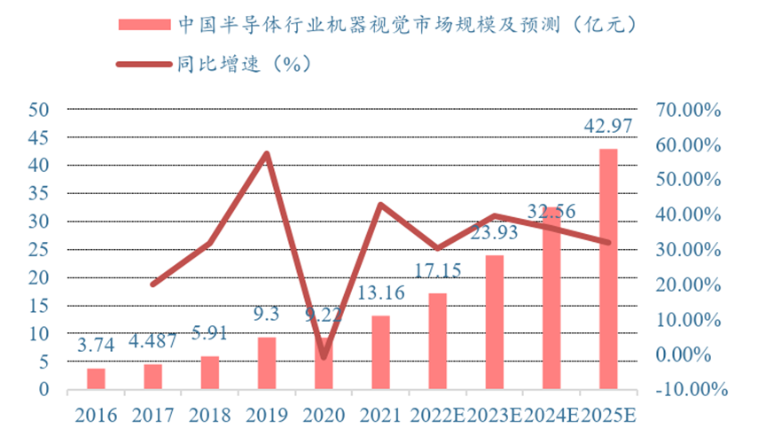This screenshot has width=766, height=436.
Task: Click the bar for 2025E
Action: tap(608, 269)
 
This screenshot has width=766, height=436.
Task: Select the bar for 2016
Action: tap(96, 378)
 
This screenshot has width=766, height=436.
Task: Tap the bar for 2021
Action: tap(380, 352)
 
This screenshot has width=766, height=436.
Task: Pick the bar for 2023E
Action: tap(494, 322)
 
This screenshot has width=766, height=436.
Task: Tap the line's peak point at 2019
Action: tap(266, 153)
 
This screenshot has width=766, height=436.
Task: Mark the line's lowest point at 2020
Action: tap(324, 357)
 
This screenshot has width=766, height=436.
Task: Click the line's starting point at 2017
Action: tap(152, 284)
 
